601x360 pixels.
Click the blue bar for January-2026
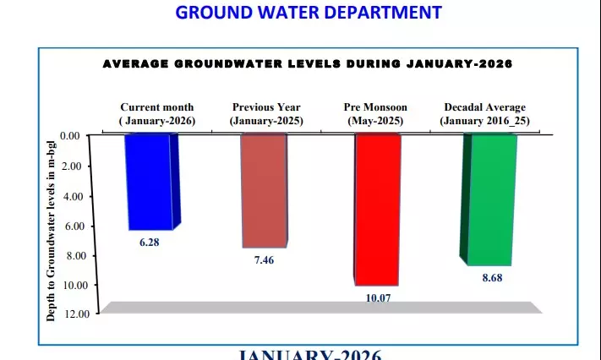point(150,182)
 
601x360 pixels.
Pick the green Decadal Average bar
point(489,199)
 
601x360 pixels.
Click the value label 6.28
point(150,243)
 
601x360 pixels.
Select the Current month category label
point(156,114)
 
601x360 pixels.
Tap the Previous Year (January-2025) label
point(266,114)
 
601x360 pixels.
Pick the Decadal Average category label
point(484,114)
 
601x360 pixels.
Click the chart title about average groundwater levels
point(308,63)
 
